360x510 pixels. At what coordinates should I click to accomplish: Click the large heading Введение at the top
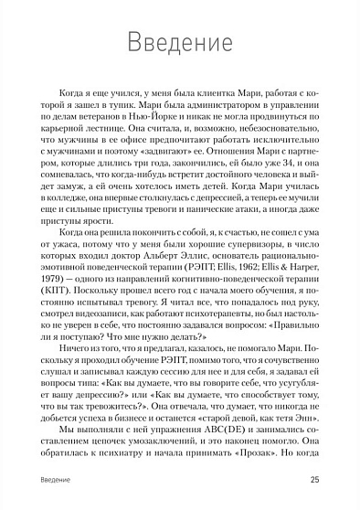pos(178,43)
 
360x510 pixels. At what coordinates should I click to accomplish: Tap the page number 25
pos(314,480)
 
